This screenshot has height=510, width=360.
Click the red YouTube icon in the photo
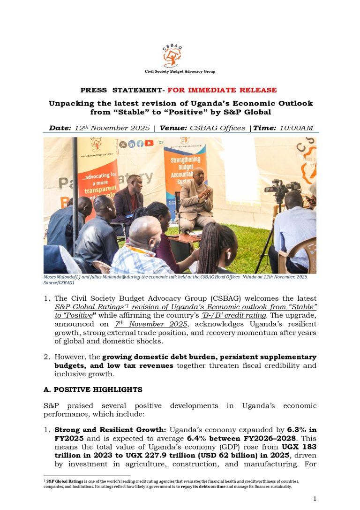(x=149, y=144)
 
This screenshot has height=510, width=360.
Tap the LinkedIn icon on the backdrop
(x=132, y=145)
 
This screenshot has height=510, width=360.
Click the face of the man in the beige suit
(x=198, y=176)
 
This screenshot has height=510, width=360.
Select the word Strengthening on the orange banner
(x=186, y=160)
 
